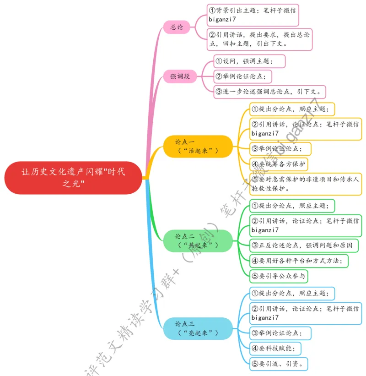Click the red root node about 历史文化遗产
73,178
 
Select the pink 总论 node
177,27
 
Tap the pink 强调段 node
180,76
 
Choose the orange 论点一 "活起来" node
198,146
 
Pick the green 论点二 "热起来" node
198,241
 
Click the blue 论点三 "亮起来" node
198,328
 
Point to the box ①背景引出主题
253,15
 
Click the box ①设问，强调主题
249,61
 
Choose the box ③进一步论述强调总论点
270,91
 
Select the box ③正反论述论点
304,245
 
